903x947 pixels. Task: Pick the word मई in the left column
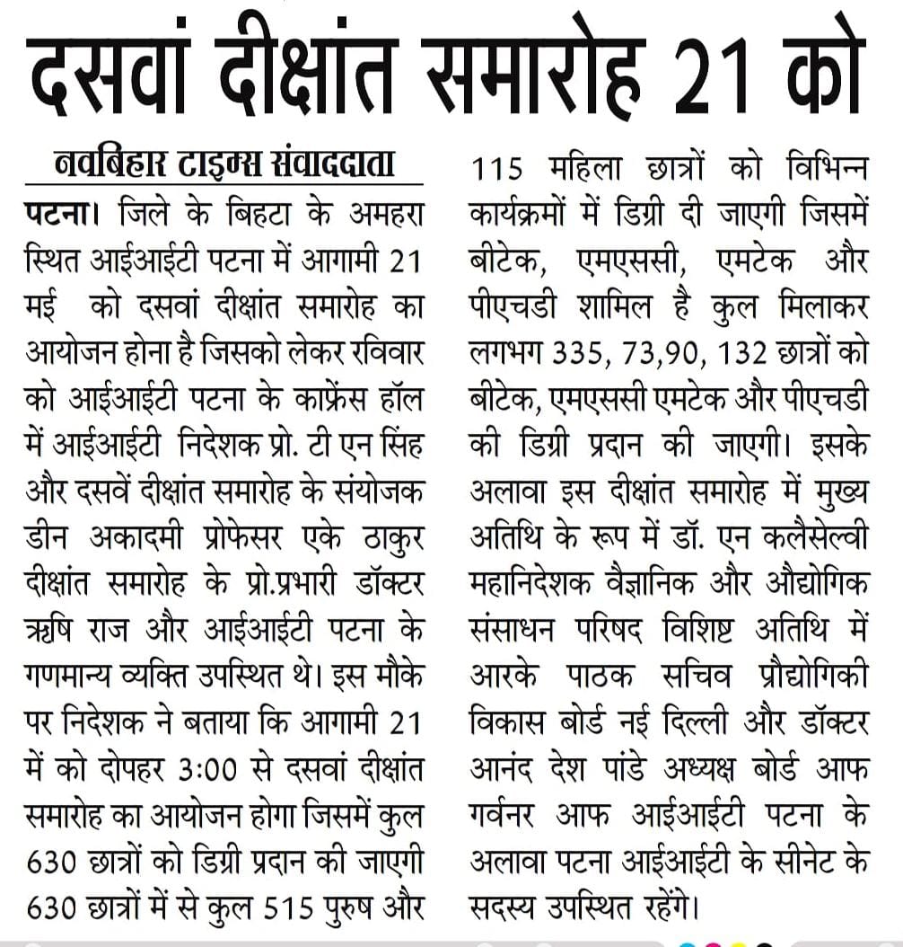pyautogui.click(x=43, y=306)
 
